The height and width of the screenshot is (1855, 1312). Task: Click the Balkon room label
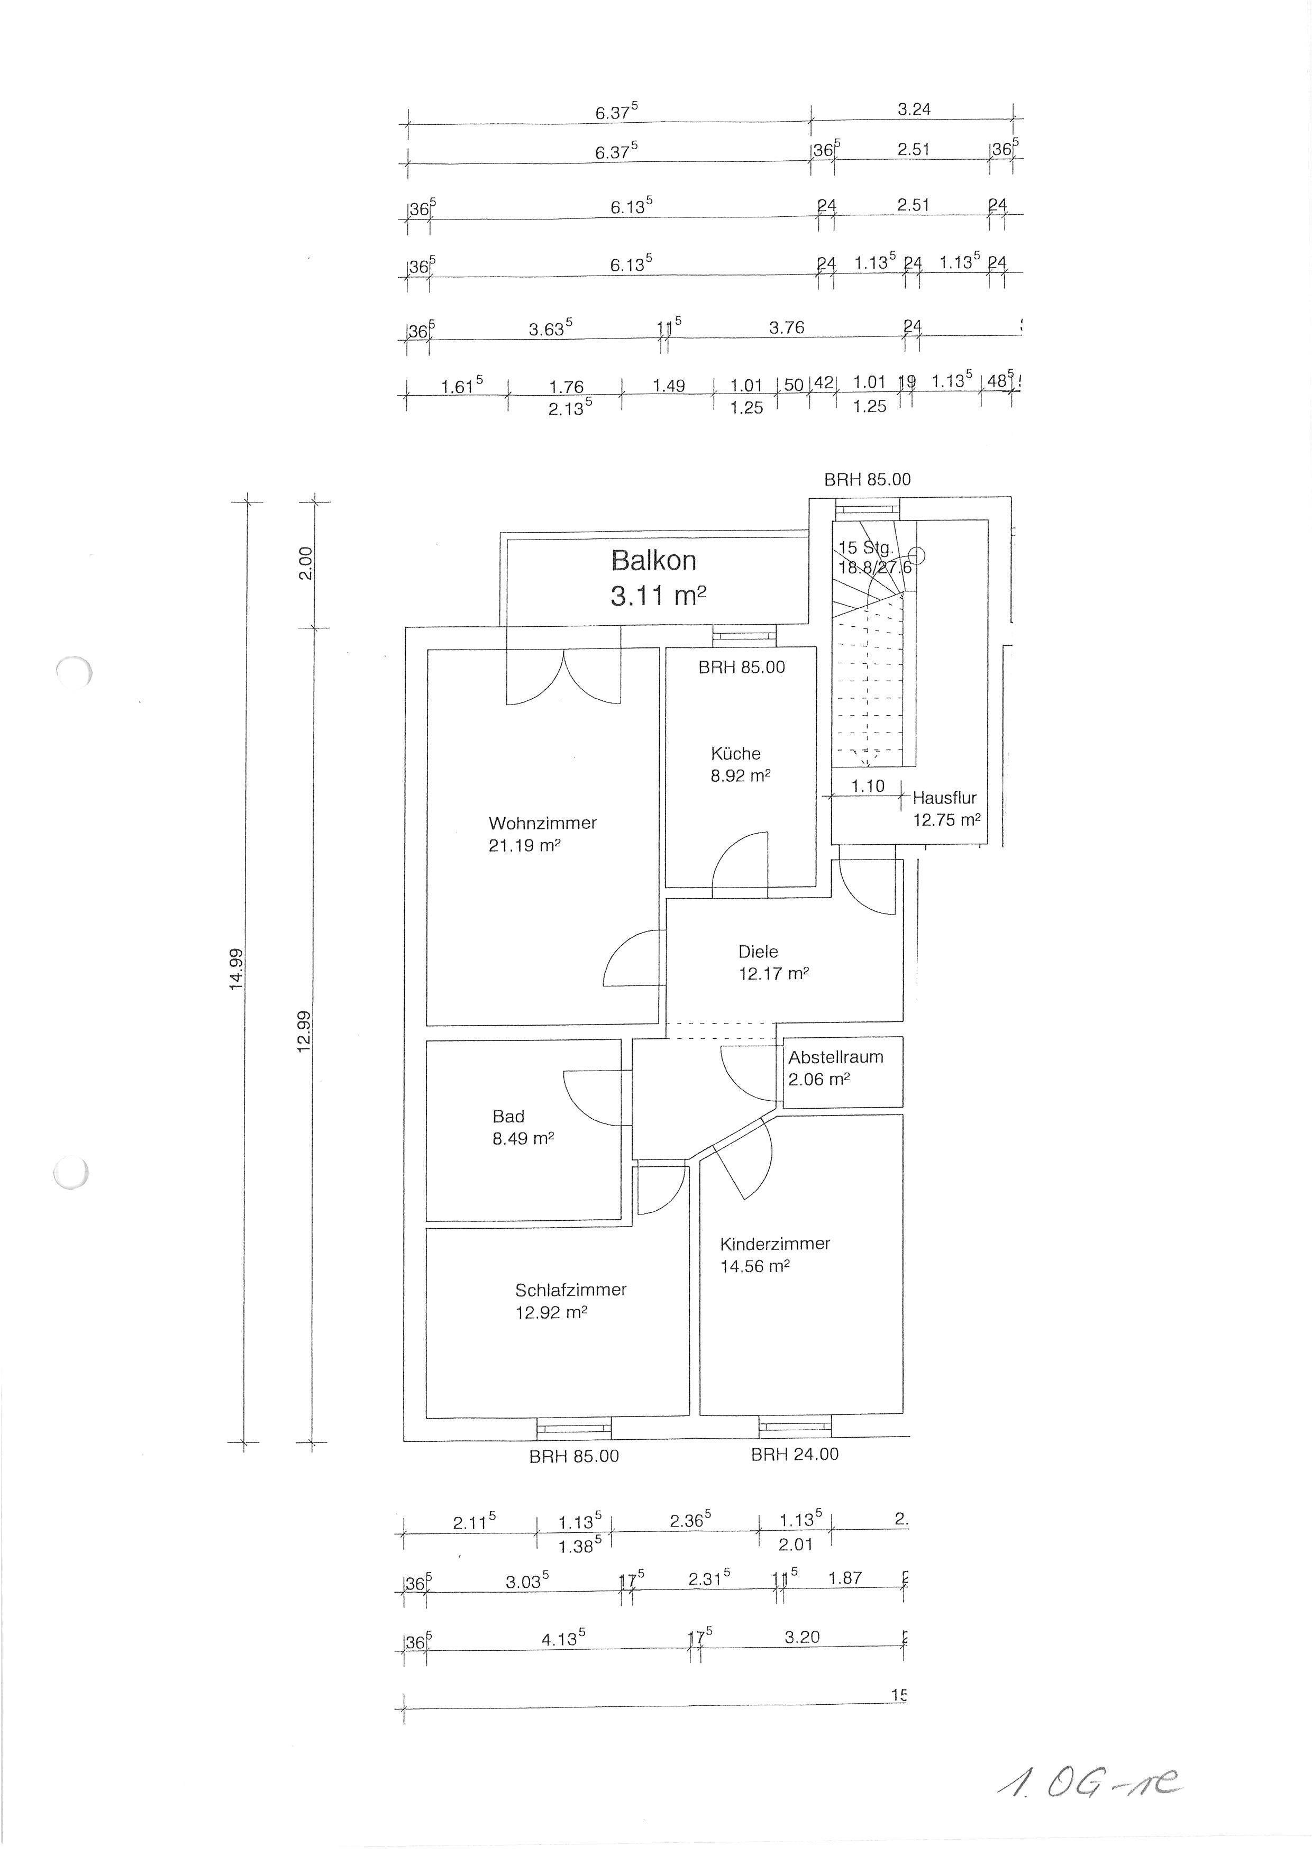[653, 560]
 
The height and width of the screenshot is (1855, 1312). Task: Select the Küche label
[735, 753]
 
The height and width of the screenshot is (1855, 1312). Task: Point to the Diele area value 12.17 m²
[773, 974]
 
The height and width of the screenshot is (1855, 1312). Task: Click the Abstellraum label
[835, 1057]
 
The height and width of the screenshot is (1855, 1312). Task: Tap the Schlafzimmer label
[570, 1290]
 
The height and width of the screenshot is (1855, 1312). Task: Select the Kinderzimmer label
[775, 1244]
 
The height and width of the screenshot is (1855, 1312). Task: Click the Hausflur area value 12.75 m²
[946, 820]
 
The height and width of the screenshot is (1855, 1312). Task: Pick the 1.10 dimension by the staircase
[868, 785]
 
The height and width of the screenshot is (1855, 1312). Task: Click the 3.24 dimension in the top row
[914, 108]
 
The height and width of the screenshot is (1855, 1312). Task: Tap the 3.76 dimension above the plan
[786, 327]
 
